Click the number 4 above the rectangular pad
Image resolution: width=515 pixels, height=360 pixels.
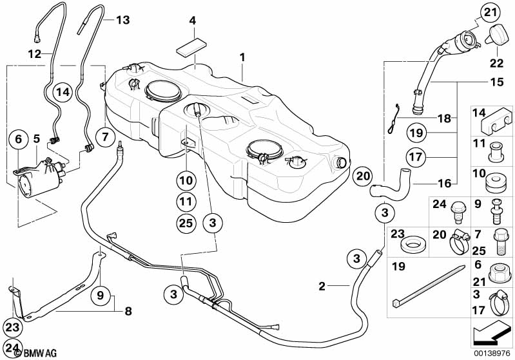[x=192, y=21]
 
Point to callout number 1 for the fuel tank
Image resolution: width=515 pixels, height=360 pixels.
[x=243, y=57]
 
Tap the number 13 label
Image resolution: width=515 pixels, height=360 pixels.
[x=122, y=20]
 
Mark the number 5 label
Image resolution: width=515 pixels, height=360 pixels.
[x=37, y=137]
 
